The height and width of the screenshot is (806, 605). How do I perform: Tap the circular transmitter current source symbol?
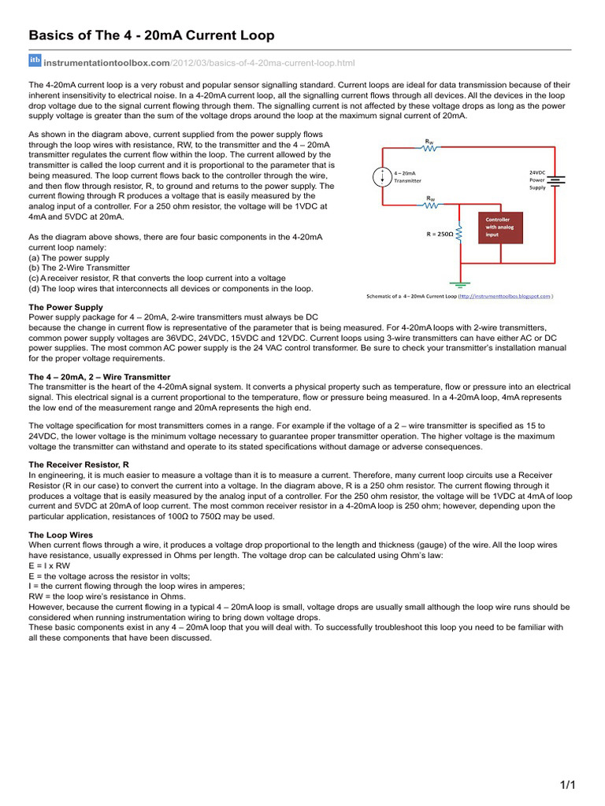[381, 176]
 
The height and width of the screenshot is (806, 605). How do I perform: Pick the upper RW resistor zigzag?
[429, 149]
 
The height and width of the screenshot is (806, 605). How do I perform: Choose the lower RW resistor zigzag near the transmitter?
[430, 205]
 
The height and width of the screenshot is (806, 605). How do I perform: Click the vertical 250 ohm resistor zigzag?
[459, 233]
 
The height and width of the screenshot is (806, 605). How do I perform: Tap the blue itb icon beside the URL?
[35, 61]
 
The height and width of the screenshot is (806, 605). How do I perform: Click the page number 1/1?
[568, 785]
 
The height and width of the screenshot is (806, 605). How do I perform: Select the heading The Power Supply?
[65, 307]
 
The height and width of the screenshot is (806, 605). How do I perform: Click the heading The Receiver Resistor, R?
[79, 465]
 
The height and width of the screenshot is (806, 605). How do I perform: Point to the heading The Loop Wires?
[61, 535]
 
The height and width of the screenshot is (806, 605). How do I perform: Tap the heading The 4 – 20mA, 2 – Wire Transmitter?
[99, 377]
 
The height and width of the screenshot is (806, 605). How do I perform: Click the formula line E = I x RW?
[50, 565]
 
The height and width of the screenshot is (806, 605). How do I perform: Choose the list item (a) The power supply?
[69, 257]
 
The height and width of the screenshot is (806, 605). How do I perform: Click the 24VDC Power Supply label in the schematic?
[537, 179]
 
